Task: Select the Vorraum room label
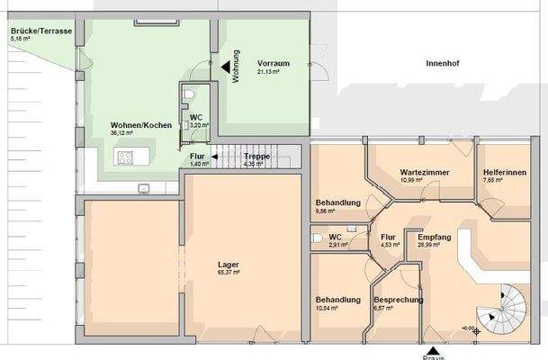(273, 62)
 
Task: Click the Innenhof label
(444, 64)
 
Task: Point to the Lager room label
(229, 265)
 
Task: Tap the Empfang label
(435, 236)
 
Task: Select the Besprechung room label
(392, 299)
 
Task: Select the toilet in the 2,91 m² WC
(316, 238)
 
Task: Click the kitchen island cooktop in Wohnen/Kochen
(124, 159)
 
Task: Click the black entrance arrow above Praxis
(435, 349)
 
